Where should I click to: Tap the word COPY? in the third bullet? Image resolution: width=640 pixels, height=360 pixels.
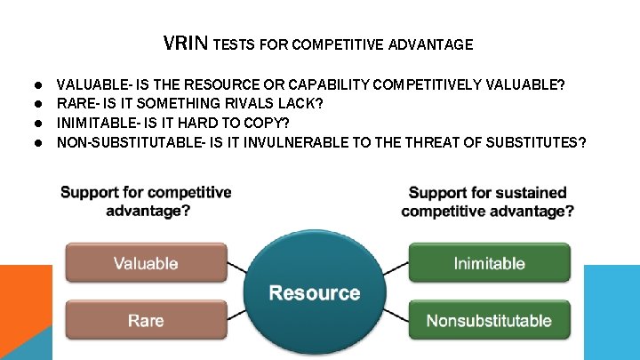coord(268,123)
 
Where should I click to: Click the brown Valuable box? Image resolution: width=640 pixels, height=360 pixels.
coord(146,263)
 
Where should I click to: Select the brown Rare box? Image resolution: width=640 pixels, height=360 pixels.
coord(146,320)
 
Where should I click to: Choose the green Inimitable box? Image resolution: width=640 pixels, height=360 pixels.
coord(489,263)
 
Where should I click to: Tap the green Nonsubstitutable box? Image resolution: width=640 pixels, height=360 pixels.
coord(489,320)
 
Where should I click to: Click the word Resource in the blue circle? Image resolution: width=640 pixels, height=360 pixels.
coord(315,292)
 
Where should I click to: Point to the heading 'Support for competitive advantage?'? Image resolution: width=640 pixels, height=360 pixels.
coord(146,201)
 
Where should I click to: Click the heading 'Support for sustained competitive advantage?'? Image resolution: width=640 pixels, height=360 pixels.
coord(487,201)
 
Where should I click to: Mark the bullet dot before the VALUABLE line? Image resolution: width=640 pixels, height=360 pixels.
coord(40,86)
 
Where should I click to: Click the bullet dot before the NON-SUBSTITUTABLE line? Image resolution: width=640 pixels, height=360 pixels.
coord(40,142)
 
